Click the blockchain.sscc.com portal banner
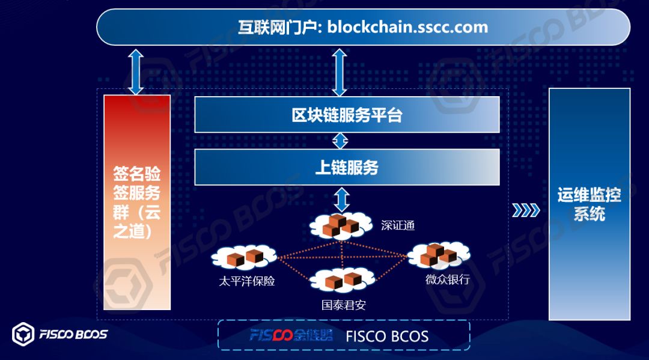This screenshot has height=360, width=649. pos(363,27)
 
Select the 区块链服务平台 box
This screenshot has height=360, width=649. pos(347,114)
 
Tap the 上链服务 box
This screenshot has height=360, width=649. pos(347,166)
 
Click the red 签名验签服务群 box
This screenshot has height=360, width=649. pos(137,202)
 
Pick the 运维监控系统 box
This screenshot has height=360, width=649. pos(589,204)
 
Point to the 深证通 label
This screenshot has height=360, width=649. pos(398,226)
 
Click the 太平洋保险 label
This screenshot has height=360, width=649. pos(247,280)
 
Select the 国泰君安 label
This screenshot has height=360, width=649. pos(344,305)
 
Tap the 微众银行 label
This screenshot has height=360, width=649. pos(448,279)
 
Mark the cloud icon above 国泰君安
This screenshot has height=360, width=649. pos(342,279)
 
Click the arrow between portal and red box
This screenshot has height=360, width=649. pos(136,72)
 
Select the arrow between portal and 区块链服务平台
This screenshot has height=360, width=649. pos(340,72)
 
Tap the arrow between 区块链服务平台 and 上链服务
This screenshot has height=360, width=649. pos(341,141)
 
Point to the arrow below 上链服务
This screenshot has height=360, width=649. pos(341,198)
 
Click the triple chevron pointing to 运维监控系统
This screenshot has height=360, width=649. pos(526,210)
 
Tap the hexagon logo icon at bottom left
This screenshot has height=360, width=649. pos(23,335)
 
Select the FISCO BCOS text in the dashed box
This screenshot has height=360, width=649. pos(387,336)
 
